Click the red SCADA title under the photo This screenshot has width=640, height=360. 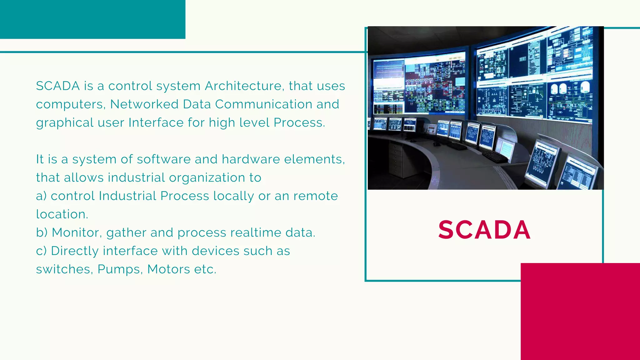click(484, 230)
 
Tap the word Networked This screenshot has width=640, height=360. click(144, 104)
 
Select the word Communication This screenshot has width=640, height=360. click(263, 104)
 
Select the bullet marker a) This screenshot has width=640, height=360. click(41, 196)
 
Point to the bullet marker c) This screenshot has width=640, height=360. click(41, 251)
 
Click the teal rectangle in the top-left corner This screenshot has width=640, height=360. click(92, 19)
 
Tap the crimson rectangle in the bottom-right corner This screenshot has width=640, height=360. click(580, 311)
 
